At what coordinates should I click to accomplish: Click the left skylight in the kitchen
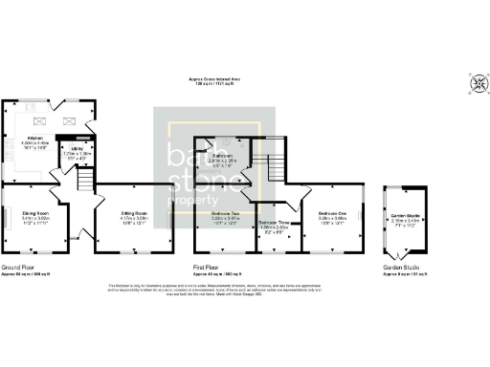click(x=41, y=120)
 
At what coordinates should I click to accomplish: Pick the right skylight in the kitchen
click(x=68, y=120)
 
